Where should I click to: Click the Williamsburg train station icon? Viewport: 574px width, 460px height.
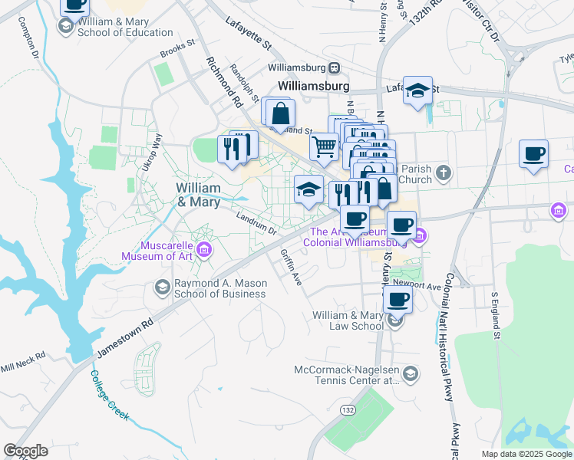point(334,67)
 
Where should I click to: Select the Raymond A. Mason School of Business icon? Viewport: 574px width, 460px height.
point(162,287)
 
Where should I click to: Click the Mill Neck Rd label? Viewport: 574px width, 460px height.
point(23,360)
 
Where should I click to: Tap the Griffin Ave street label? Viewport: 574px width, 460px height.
point(292,268)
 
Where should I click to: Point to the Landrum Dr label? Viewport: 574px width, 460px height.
point(256,224)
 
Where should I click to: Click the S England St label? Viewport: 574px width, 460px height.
point(496,314)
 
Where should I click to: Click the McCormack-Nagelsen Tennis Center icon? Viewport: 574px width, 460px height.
point(411,374)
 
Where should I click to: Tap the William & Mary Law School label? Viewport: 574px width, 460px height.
point(348,320)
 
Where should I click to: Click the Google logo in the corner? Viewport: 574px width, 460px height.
point(26,451)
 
